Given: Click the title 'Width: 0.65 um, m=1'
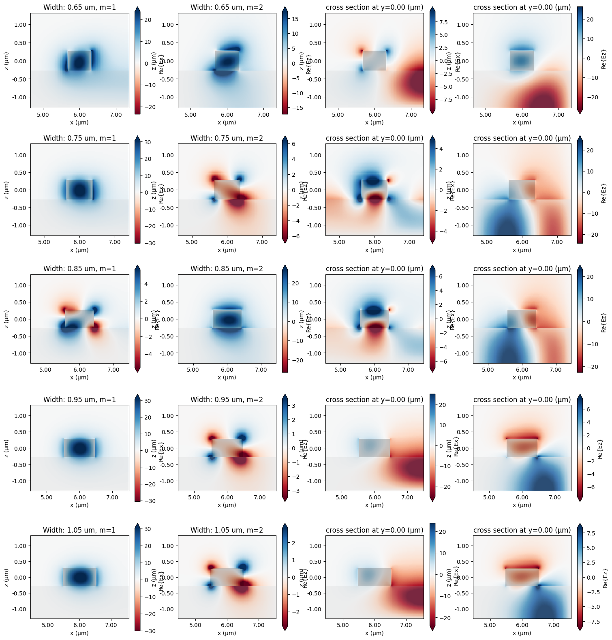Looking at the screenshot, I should [x=79, y=7].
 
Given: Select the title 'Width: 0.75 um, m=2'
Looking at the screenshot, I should [x=227, y=138].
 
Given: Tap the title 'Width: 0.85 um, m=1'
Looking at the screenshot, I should [x=79, y=269].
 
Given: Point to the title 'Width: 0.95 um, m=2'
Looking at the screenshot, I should [x=227, y=400].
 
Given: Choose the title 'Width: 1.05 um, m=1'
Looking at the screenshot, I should [x=79, y=530].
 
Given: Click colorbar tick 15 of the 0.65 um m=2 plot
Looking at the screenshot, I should [x=295, y=19].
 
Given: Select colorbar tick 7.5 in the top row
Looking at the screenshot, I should [x=443, y=22].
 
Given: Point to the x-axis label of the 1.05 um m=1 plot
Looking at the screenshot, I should [x=79, y=633].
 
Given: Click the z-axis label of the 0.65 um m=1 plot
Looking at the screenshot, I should [x=7, y=60].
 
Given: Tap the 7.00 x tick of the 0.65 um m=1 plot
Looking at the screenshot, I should [x=116, y=115].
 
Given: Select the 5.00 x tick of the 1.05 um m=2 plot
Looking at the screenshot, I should [x=195, y=625].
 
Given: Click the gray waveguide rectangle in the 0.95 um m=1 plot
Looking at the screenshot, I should [x=79, y=448].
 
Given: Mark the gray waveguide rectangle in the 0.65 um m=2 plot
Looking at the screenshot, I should [x=227, y=60].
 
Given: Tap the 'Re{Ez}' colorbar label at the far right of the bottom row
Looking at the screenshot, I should [x=605, y=578].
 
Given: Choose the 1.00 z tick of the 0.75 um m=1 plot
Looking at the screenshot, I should [x=18, y=155].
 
